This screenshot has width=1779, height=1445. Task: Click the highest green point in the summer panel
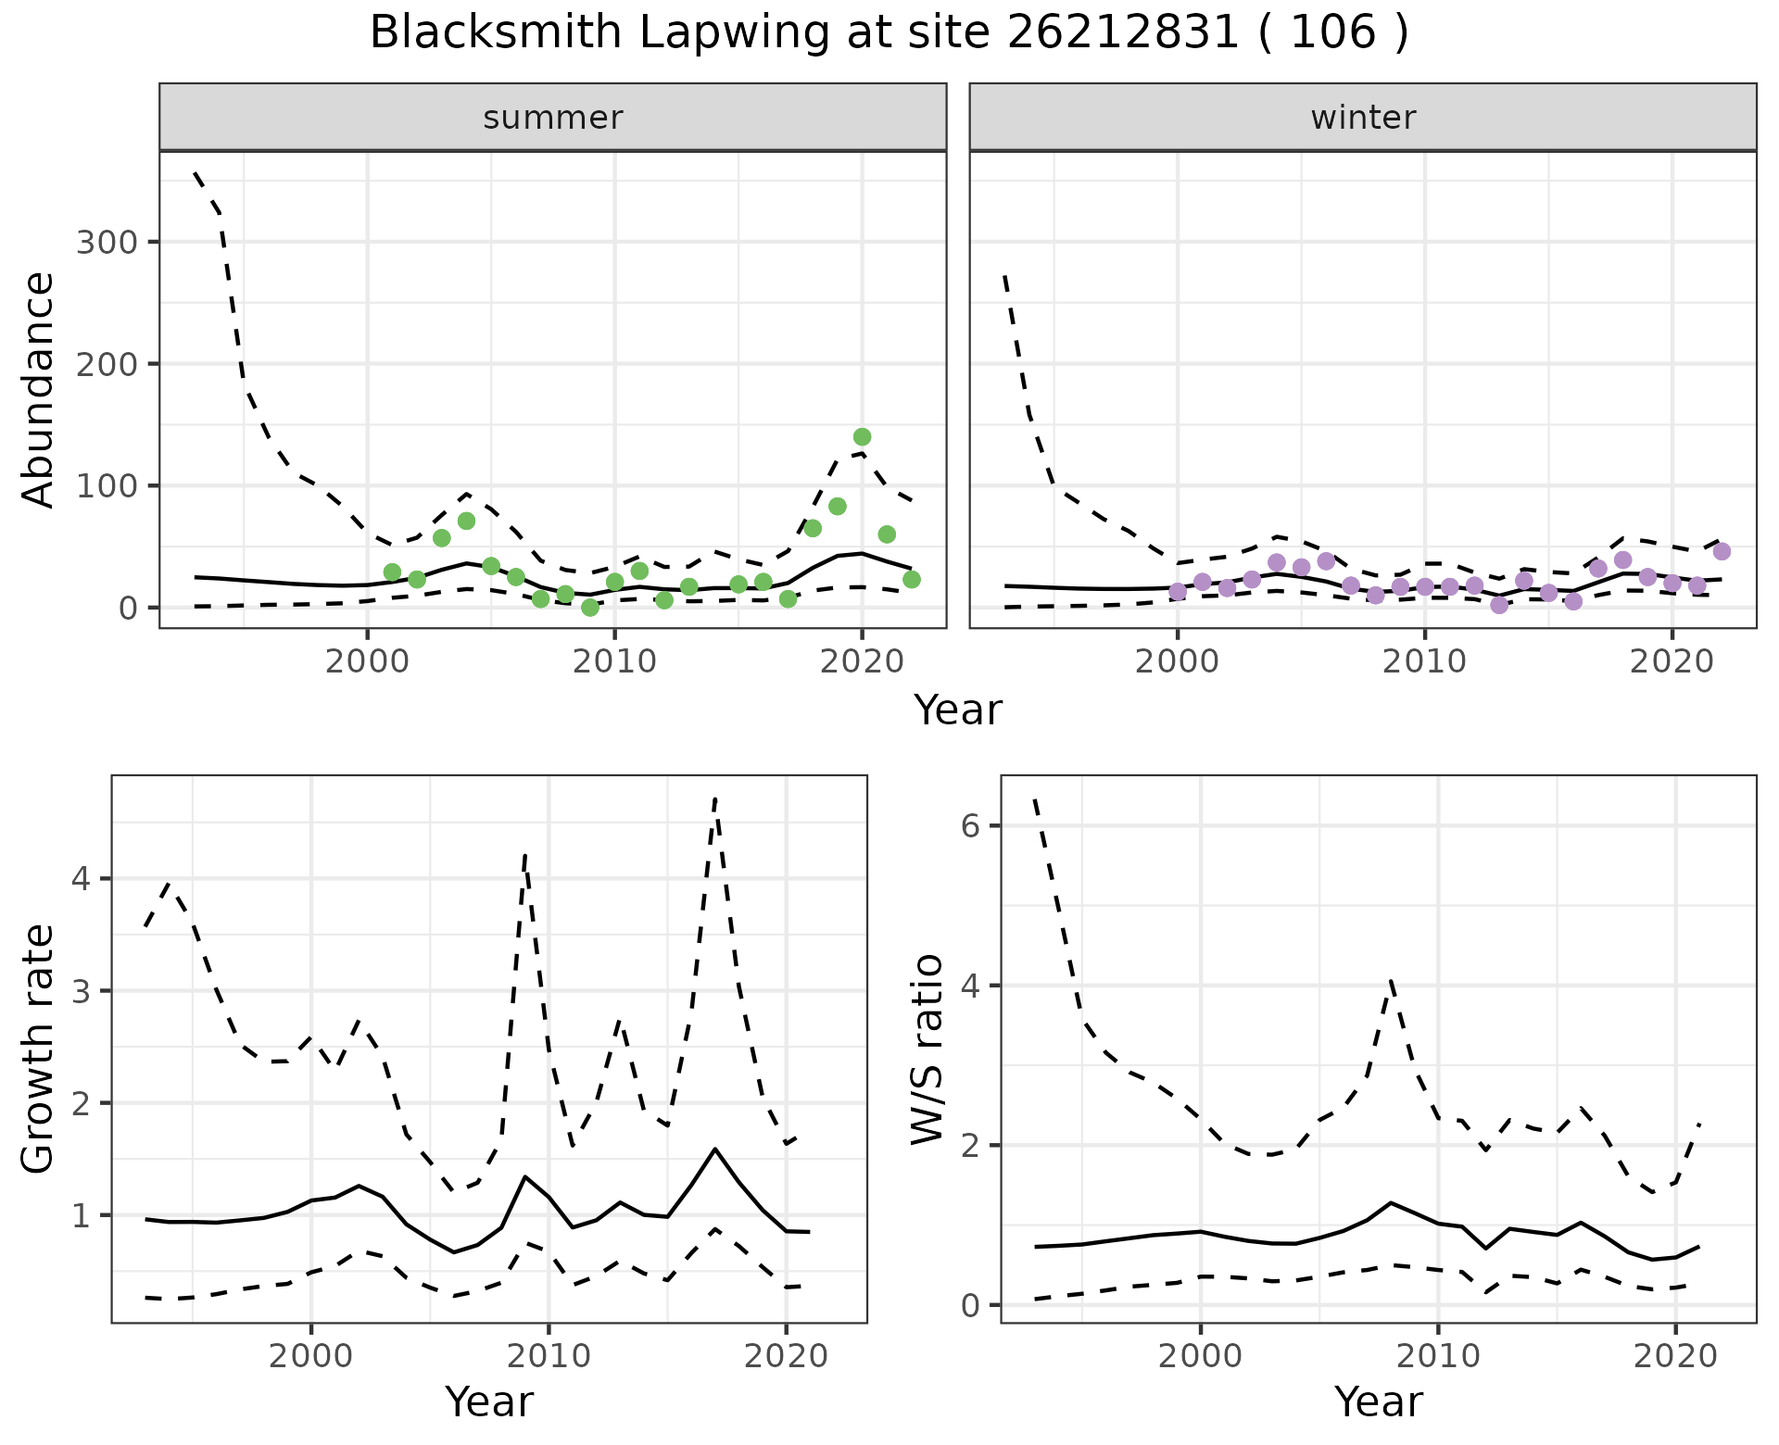[x=862, y=437]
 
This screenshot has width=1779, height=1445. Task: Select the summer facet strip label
[x=553, y=118]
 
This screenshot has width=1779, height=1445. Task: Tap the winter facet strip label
[x=1363, y=118]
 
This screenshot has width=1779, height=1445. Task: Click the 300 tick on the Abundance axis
[x=106, y=243]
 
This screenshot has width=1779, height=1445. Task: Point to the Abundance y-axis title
[x=39, y=390]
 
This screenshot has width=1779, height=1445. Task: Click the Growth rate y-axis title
[x=39, y=1049]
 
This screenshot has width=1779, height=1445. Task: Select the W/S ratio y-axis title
[x=927, y=1049]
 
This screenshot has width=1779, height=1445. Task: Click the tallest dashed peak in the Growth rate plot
[x=715, y=798]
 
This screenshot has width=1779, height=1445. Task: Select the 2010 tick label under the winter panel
[x=1424, y=662]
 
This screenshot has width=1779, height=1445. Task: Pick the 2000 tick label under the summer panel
[x=367, y=662]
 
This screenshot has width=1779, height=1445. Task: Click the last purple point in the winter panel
[x=1722, y=552]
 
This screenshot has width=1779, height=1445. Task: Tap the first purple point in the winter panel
[x=1178, y=592]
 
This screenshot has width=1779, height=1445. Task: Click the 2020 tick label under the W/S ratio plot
[x=1674, y=1357]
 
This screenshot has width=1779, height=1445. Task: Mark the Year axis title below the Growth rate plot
[x=489, y=1402]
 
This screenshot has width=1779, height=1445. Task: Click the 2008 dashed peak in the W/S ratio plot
[x=1391, y=980]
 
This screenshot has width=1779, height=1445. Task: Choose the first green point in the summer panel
[x=392, y=572]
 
